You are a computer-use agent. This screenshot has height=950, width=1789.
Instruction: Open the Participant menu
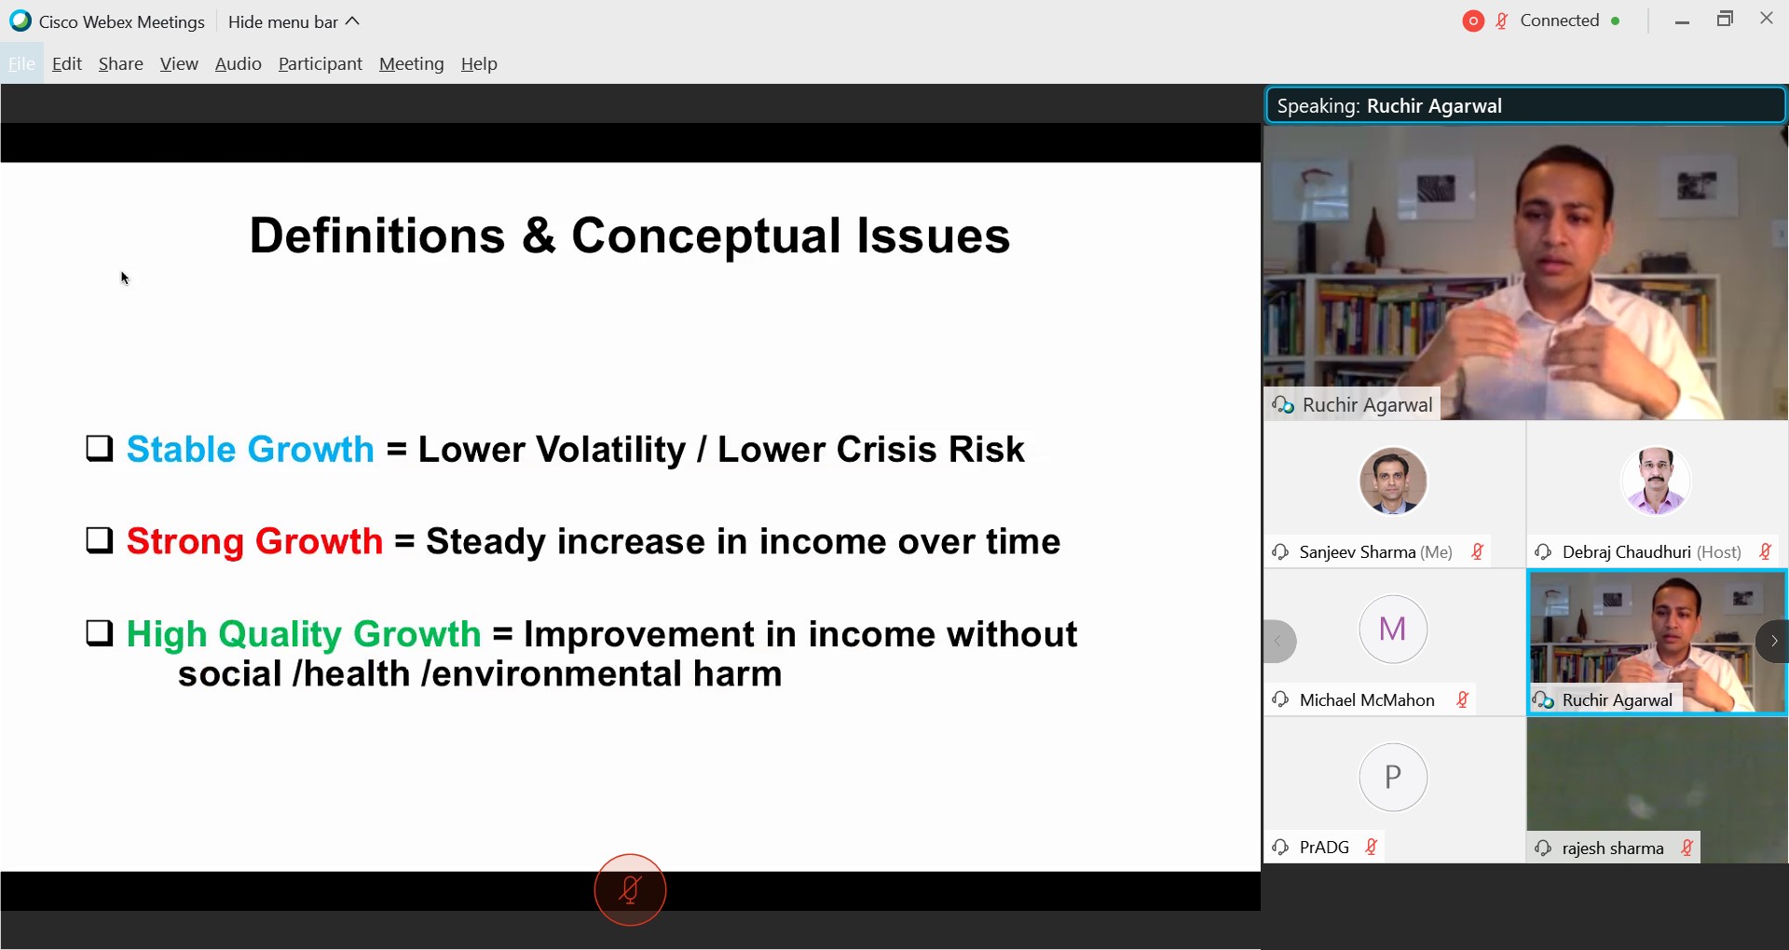(320, 64)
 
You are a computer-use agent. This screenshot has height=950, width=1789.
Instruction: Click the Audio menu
(238, 64)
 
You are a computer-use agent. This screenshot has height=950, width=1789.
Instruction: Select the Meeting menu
(411, 64)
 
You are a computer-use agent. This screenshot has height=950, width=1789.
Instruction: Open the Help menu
(479, 64)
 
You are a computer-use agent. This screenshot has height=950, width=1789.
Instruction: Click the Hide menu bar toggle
(294, 21)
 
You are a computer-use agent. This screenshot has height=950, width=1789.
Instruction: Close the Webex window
(1767, 19)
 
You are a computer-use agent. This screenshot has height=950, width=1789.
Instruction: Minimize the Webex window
(1682, 21)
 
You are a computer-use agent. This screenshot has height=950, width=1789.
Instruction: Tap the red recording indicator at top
(1473, 21)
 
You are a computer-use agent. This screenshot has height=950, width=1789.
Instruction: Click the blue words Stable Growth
(250, 450)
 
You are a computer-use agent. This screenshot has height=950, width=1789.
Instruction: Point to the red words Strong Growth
(254, 542)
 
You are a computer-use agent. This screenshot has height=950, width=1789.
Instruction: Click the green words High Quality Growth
(304, 635)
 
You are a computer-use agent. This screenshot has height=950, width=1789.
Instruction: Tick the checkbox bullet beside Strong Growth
(100, 540)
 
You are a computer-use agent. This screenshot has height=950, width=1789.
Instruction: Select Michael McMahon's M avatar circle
(1393, 629)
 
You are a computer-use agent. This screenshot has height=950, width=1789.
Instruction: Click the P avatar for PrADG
(1393, 777)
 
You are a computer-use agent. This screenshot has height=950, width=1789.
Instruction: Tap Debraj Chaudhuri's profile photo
(1656, 481)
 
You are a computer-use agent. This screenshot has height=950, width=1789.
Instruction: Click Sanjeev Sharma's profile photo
(1393, 481)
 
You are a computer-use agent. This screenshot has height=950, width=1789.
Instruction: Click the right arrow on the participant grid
(1773, 641)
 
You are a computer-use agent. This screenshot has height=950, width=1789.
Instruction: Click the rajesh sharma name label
(1613, 848)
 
